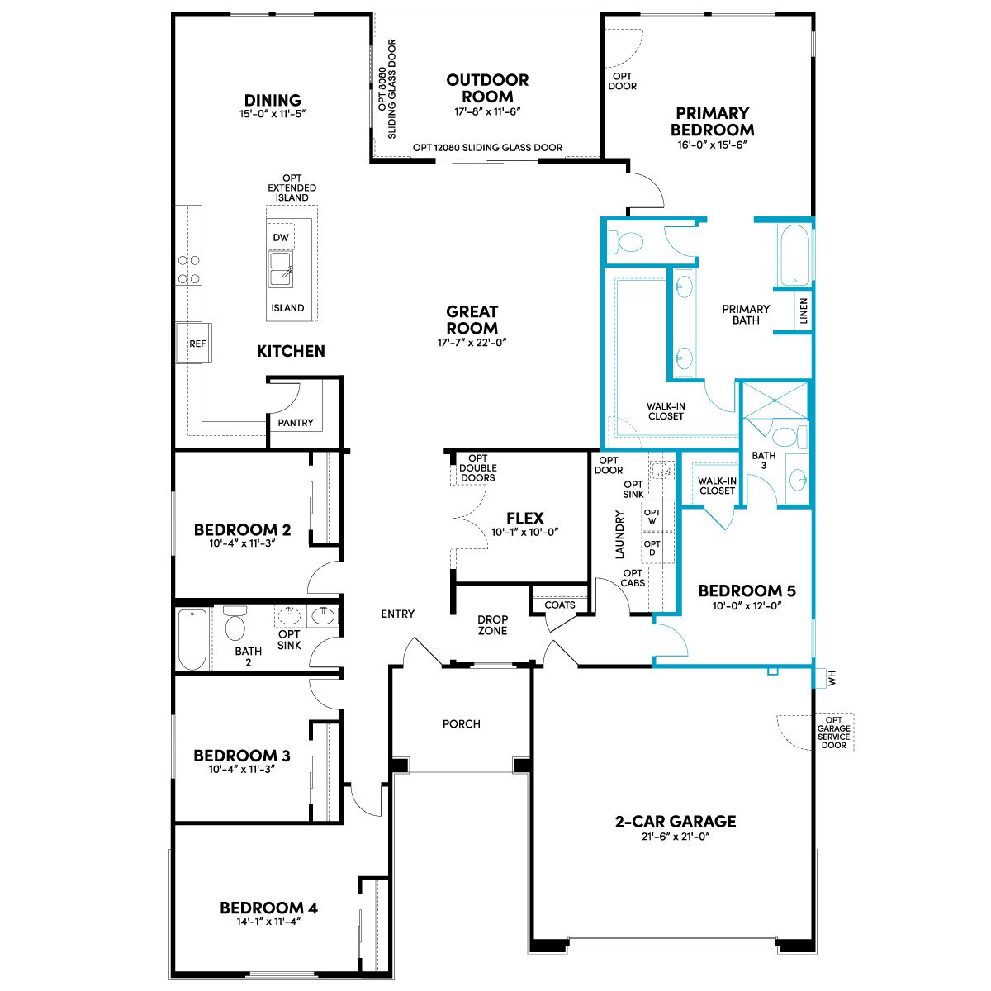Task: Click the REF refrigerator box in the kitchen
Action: point(193,343)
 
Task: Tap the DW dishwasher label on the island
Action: point(280,238)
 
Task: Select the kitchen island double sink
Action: point(281,269)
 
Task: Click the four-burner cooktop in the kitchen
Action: point(188,269)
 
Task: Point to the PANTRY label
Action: point(295,423)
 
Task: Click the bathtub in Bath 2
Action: point(192,639)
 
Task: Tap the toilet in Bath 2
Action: point(235,623)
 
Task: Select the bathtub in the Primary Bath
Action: point(794,255)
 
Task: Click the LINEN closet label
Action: point(804,311)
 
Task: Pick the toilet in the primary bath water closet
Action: point(625,242)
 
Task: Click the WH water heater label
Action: point(832,678)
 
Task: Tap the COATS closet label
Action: point(560,605)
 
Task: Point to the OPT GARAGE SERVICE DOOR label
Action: point(833,733)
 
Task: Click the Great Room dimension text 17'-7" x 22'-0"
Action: point(472,343)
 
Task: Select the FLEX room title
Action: point(525,518)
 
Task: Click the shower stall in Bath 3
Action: point(775,400)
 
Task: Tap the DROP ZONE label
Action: point(493,625)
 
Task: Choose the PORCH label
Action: point(462,723)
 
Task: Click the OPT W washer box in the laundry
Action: point(652,516)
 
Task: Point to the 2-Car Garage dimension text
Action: point(676,837)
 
